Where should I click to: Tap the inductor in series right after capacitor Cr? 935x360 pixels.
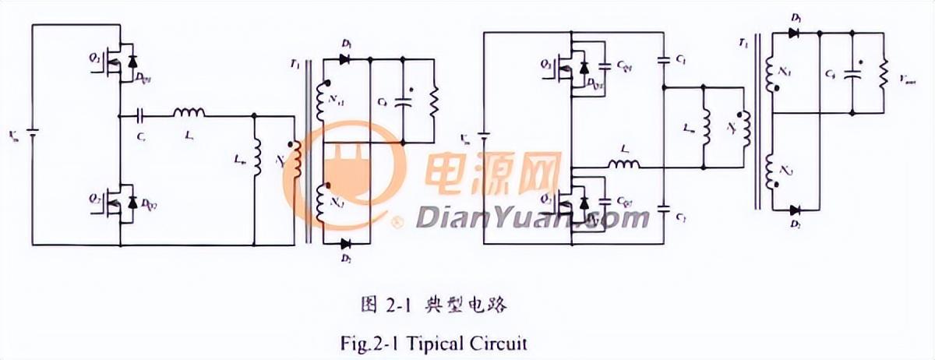click(189, 115)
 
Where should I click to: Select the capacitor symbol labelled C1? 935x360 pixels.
click(664, 59)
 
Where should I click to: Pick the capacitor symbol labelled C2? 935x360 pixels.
click(664, 208)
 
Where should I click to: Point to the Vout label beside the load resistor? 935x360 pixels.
click(908, 79)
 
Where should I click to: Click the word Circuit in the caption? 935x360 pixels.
click(508, 342)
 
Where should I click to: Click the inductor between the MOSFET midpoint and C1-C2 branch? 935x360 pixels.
click(623, 164)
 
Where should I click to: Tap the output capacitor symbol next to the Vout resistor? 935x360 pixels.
click(854, 76)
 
